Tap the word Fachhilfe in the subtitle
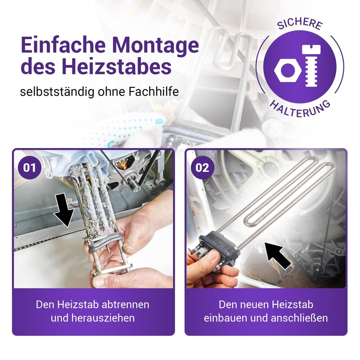[153, 92]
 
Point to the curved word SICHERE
[300, 23]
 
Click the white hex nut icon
[288, 71]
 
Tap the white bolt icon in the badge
[311, 66]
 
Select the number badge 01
[30, 167]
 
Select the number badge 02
[202, 167]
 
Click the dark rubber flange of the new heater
[220, 248]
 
